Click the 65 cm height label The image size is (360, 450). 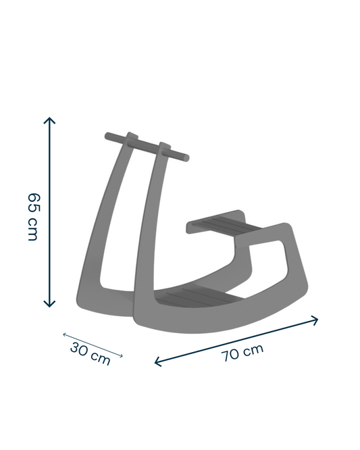(34, 217)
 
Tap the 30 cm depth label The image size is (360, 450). (91, 353)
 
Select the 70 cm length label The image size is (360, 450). (242, 353)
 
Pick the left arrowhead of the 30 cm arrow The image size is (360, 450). (65, 334)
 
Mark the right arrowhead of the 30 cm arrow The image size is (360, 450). (121, 356)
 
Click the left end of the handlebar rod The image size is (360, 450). (107, 136)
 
